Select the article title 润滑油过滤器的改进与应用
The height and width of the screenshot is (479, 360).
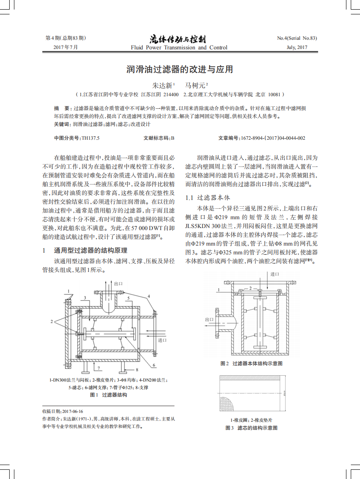[x=180, y=69]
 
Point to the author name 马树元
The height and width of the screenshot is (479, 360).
[x=195, y=85]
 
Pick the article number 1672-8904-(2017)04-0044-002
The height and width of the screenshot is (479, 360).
[x=272, y=138]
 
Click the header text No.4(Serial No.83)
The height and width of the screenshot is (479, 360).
[x=297, y=38]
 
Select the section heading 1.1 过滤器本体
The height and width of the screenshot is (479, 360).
[x=207, y=197]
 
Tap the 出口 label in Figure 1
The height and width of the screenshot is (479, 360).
[x=118, y=284]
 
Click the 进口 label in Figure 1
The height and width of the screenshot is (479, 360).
[x=163, y=340]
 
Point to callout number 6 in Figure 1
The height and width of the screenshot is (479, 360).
[x=154, y=366]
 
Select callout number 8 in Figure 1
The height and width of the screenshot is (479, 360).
[x=137, y=370]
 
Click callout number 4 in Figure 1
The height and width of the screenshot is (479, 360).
[x=148, y=296]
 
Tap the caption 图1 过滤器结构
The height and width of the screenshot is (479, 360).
[x=109, y=395]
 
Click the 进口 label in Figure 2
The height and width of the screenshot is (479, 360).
[x=275, y=274]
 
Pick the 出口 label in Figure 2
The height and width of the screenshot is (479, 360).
[x=209, y=320]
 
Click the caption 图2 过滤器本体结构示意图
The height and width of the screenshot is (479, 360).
[x=252, y=364]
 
